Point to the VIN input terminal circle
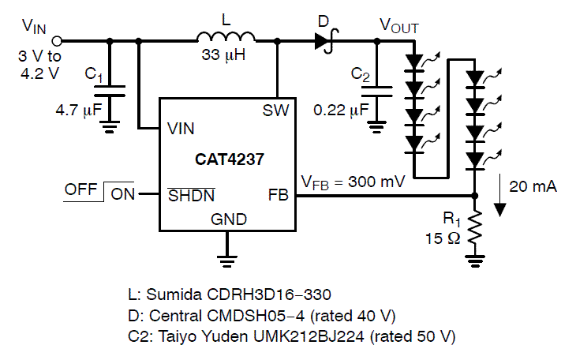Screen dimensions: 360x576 [x=58, y=40]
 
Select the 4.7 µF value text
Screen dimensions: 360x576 [x=79, y=110]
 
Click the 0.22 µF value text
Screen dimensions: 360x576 [x=340, y=110]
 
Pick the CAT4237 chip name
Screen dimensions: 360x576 [x=230, y=158]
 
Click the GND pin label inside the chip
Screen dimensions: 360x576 [x=228, y=219]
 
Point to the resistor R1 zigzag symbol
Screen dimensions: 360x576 [x=473, y=230]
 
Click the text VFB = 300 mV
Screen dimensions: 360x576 [x=353, y=182]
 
